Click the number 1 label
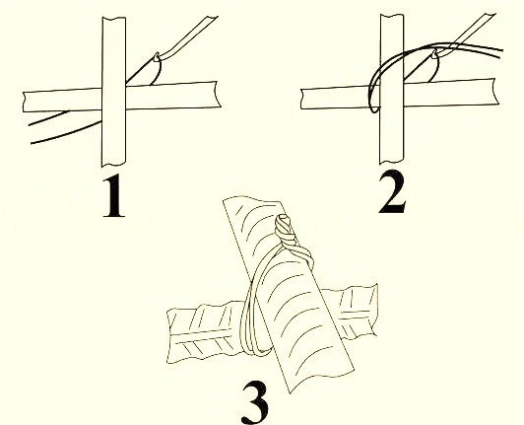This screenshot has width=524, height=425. pos(114,196)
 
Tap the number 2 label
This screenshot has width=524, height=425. pos(392,191)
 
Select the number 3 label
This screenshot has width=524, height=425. pos(255,403)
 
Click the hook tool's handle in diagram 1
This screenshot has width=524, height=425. pos(189,37)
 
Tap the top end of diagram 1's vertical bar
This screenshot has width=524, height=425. pos(113,18)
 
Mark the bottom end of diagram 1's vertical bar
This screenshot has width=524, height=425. pos(113,164)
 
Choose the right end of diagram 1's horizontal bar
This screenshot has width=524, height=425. pos(218,95)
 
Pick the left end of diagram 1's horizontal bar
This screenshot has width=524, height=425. pos(24,102)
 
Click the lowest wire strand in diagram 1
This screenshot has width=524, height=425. pos(66,134)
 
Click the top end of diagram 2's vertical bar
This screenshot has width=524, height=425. pos(392,16)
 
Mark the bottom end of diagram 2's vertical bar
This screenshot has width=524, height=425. pos(392,162)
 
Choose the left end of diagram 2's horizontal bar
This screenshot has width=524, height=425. pos(301,99)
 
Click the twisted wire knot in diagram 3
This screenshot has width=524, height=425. pos(286,231)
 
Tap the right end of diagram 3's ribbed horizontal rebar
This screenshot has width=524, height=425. pos(374,310)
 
